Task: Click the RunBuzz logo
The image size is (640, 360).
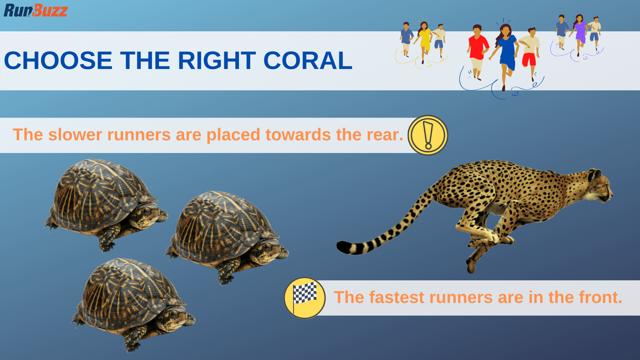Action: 36,11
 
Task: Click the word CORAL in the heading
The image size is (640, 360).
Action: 308,61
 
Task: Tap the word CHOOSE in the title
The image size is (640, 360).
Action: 58,61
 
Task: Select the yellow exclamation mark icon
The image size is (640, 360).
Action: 428,135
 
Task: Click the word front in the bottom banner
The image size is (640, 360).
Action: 600,297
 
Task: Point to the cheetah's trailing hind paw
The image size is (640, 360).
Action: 471,267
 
